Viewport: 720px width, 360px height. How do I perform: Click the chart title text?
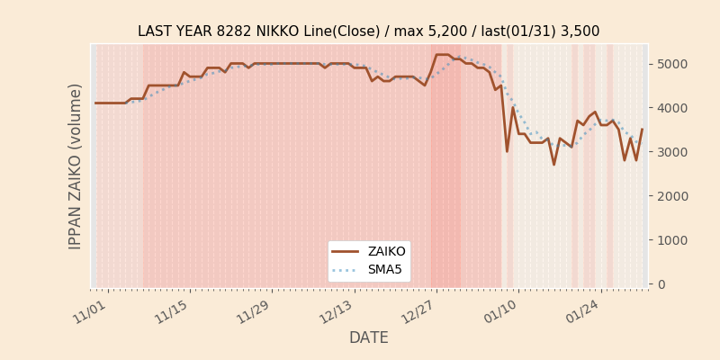(368, 31)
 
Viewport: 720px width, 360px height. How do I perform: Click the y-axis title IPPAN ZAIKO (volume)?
(76, 166)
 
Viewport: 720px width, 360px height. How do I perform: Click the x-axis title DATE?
(368, 337)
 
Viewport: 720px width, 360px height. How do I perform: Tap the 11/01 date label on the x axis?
(91, 310)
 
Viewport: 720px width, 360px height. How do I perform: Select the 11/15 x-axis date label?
(172, 310)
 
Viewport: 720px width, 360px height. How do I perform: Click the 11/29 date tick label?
(254, 310)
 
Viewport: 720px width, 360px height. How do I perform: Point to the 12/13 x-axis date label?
(336, 310)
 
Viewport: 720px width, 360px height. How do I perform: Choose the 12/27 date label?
(418, 310)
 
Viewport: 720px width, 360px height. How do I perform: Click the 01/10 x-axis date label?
(500, 310)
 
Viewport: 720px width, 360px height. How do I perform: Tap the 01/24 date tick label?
(582, 310)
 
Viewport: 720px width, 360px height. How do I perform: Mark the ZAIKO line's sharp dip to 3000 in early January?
(507, 151)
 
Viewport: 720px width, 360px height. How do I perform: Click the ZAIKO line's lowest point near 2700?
(553, 165)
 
